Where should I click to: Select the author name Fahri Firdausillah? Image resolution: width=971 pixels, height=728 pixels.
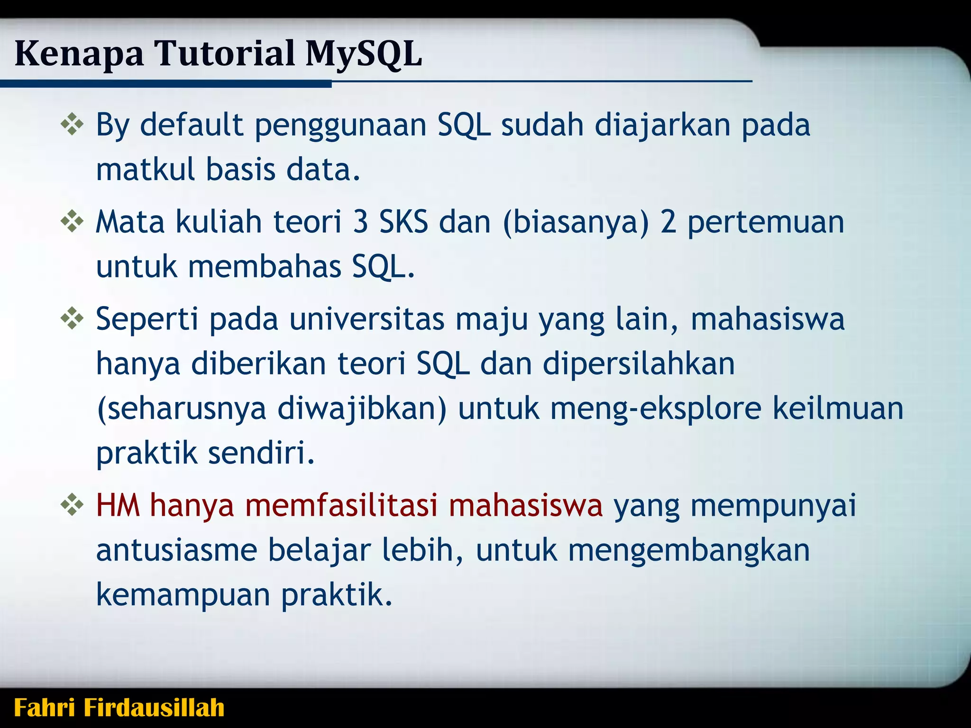coord(119,708)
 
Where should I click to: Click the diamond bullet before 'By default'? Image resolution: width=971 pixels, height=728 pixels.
coord(72,126)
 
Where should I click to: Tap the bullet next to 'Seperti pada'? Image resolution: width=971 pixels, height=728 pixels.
coord(72,319)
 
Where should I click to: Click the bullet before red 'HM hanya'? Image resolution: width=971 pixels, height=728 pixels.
coord(72,505)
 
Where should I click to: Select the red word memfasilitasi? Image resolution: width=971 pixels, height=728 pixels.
coord(341,505)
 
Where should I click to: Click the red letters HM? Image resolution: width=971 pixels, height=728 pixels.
coord(118,505)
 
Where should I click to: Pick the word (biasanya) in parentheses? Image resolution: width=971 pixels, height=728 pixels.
coord(576,222)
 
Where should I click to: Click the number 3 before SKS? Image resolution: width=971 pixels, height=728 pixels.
coord(360,222)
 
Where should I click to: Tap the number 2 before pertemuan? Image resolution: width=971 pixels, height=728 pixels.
coord(668,222)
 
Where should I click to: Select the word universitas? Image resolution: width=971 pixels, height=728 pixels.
coord(366,319)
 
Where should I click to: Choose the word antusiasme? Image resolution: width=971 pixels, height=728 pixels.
coord(176,551)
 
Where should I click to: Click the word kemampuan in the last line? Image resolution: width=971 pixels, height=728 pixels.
coord(183,595)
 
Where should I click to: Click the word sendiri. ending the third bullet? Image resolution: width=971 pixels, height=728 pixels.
coord(261,453)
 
